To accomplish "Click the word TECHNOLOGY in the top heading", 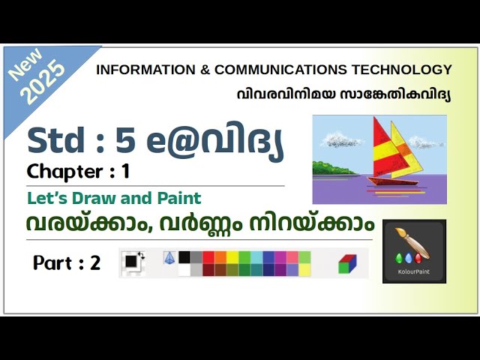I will [x=408, y=70].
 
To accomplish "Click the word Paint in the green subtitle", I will [x=179, y=199].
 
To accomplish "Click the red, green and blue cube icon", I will [x=347, y=263].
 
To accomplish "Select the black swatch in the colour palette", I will [x=184, y=257].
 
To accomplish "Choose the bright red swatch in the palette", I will [x=208, y=257].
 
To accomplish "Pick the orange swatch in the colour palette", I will [x=220, y=257].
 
